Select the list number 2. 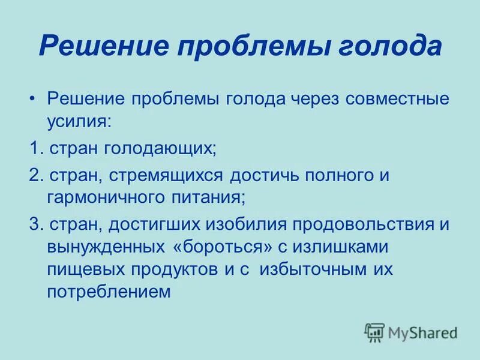pos(35,176)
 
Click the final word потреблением pos(109,291)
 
